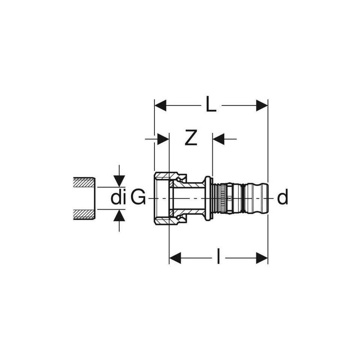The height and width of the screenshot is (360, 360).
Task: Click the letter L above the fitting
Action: click(x=211, y=105)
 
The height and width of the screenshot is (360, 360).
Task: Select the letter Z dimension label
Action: click(x=191, y=139)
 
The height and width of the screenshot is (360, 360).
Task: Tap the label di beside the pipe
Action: click(x=118, y=198)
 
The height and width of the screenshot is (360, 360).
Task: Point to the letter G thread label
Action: click(x=138, y=198)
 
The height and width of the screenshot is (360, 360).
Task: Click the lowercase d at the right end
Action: click(x=282, y=198)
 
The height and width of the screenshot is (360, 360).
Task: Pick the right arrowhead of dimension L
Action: click(x=262, y=105)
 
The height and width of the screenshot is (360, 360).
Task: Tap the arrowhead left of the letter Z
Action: click(x=163, y=139)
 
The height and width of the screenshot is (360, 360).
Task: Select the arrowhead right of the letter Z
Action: click(x=218, y=139)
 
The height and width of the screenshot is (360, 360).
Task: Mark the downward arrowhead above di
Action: click(x=119, y=181)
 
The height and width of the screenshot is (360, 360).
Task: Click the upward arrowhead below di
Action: click(x=119, y=215)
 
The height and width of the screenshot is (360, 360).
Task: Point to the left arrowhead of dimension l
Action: click(x=175, y=258)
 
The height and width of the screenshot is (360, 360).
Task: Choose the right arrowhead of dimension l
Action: click(x=262, y=258)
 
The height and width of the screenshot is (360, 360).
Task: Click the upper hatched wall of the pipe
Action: click(x=84, y=182)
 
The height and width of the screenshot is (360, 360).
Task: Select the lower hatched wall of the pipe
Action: click(x=84, y=214)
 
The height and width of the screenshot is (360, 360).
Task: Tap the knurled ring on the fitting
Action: click(x=223, y=198)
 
